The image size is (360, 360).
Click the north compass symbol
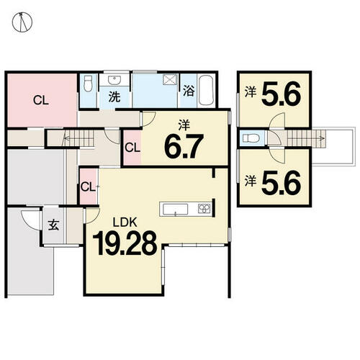coord(22,22)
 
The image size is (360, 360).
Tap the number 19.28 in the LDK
coord(125,243)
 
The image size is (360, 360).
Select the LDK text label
coord(125,222)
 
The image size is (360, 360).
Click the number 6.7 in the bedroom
coord(184,146)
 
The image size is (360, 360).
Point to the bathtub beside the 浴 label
coord(207,91)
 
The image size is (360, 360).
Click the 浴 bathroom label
coord(189,91)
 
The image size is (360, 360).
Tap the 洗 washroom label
coord(114,97)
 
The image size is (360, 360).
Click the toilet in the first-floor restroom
coord(88,84)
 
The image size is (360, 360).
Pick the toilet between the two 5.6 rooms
coord(251,138)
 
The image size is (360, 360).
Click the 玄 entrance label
coord(53,225)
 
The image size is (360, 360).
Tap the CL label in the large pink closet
coord(41,100)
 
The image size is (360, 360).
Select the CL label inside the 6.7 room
coord(132,148)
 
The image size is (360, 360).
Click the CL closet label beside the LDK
coord(88,187)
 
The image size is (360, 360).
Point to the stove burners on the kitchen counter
coord(204,208)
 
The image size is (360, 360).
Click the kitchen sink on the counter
coord(176,210)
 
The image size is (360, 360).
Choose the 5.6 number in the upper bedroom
coord(281,94)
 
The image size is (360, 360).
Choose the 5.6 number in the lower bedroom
coord(281,182)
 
